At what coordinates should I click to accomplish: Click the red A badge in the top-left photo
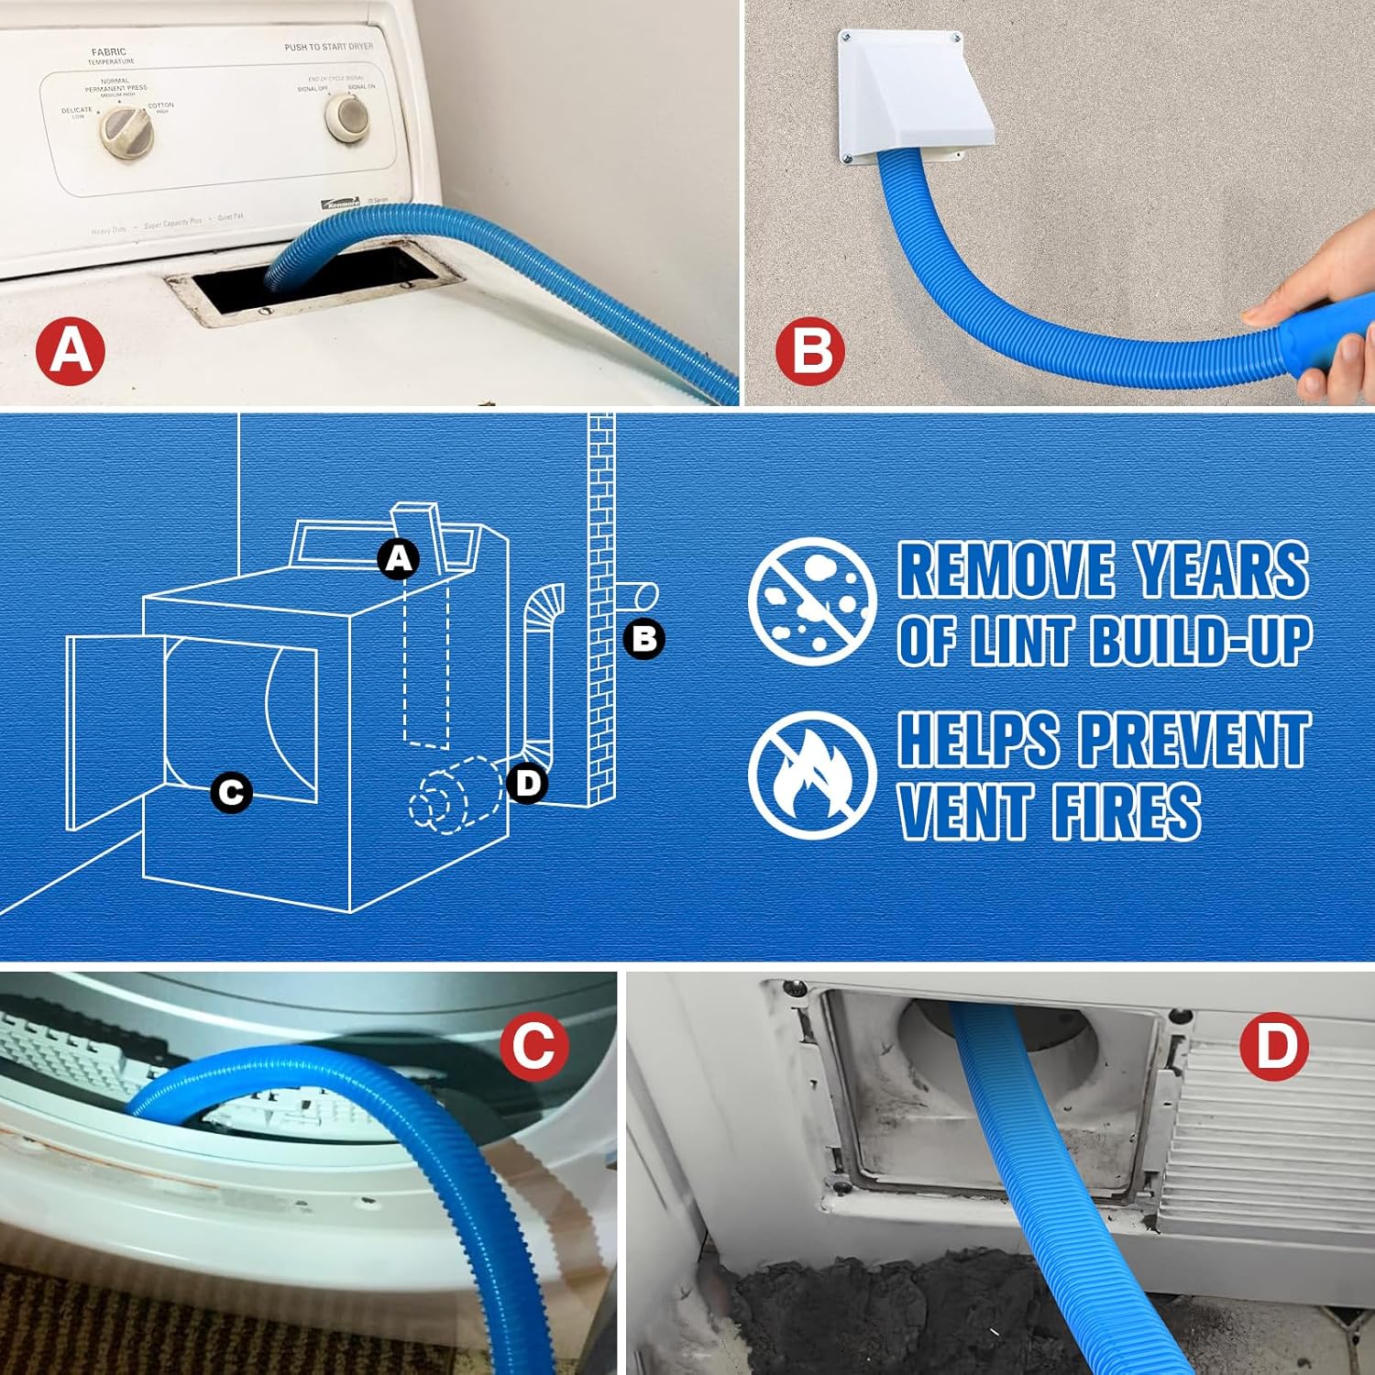click(71, 349)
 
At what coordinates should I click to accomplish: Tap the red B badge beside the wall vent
click(809, 349)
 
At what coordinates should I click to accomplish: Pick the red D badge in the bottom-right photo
click(1274, 1045)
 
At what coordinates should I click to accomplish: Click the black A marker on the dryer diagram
click(399, 558)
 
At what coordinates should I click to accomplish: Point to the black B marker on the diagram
click(643, 638)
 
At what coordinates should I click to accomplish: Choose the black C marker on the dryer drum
click(231, 792)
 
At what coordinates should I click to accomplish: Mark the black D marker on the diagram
click(527, 783)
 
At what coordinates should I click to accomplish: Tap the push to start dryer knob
click(348, 115)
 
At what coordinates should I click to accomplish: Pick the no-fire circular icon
click(811, 775)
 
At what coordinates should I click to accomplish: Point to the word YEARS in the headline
click(1222, 570)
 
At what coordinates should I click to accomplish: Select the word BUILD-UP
click(1201, 639)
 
